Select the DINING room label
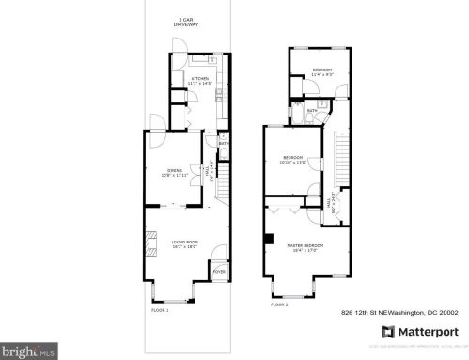pyautogui.click(x=174, y=172)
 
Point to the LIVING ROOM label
pyautogui.click(x=183, y=243)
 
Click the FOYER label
pyautogui.click(x=218, y=272)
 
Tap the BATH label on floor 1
pyautogui.click(x=224, y=144)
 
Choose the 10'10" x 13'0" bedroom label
pyautogui.click(x=293, y=160)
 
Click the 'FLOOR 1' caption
pyautogui.click(x=160, y=309)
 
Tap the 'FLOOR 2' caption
pyautogui.click(x=279, y=305)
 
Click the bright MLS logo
pyautogui.click(x=29, y=352)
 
